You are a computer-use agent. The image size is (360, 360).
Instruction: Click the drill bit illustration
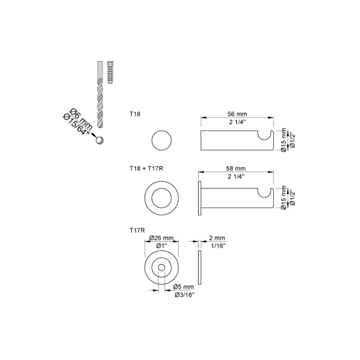pyautogui.click(x=100, y=95)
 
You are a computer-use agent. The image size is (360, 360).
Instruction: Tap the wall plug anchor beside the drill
pyautogui.click(x=110, y=73)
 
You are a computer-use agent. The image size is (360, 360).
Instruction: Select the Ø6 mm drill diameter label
pyautogui.click(x=81, y=119)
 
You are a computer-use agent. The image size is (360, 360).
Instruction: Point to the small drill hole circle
pyautogui.click(x=100, y=140)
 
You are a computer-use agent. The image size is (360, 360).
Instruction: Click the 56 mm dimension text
pyautogui.click(x=237, y=114)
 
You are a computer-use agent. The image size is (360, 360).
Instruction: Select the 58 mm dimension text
pyautogui.click(x=236, y=168)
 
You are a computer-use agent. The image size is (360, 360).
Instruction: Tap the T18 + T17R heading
pyautogui.click(x=146, y=168)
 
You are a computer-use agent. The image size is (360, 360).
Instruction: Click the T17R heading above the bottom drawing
pyautogui.click(x=137, y=230)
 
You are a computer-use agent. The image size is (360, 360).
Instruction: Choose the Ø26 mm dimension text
pyautogui.click(x=161, y=238)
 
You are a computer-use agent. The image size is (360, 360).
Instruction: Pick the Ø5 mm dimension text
pyautogui.click(x=184, y=287)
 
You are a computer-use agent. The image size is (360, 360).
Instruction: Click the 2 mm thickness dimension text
pyautogui.click(x=217, y=238)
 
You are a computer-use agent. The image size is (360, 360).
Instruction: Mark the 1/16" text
pyautogui.click(x=218, y=246)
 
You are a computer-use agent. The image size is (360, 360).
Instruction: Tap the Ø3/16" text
pyautogui.click(x=185, y=295)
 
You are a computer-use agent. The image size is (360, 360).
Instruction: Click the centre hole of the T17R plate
pyautogui.click(x=161, y=267)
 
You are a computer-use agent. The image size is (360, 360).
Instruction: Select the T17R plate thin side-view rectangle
pyautogui.click(x=200, y=267)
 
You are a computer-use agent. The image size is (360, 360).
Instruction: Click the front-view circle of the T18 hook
pyautogui.click(x=161, y=140)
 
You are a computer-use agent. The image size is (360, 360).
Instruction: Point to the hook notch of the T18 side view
pyautogui.click(x=265, y=135)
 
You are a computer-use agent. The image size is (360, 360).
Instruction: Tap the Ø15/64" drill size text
pyautogui.click(x=76, y=125)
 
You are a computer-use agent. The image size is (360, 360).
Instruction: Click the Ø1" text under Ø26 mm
pyautogui.click(x=161, y=246)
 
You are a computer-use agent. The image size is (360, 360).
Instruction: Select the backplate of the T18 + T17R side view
pyautogui.click(x=200, y=198)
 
